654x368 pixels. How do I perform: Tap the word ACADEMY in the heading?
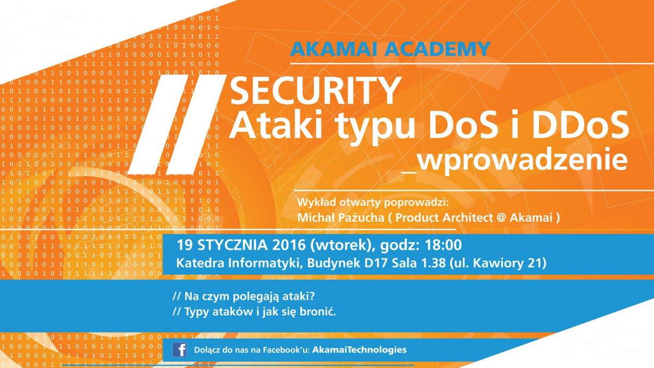point(438,49)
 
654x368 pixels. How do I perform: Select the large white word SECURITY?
point(316,91)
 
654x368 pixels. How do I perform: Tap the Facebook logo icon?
point(179,350)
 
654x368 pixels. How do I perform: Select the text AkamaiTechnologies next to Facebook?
point(359,349)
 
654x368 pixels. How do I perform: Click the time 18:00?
point(443,245)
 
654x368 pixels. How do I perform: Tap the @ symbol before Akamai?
point(500,218)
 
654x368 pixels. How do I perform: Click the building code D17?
point(376,263)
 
